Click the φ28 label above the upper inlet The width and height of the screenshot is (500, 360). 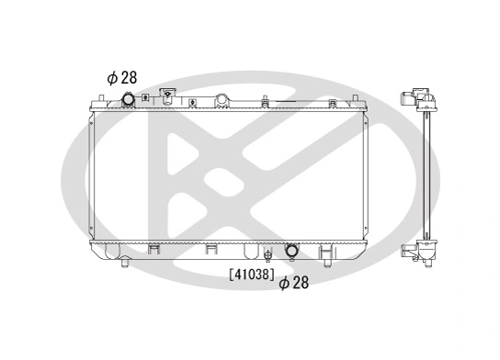click(123, 78)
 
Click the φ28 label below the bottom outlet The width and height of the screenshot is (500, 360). click(293, 283)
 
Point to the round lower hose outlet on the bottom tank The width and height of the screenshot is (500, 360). click(291, 250)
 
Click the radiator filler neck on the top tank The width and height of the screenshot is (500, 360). click(167, 95)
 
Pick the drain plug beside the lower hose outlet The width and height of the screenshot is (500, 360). click(268, 254)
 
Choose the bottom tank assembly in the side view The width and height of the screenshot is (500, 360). click(420, 250)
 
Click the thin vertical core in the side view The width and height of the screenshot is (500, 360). click(426, 174)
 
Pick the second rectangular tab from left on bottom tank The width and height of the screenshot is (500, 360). click(210, 248)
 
